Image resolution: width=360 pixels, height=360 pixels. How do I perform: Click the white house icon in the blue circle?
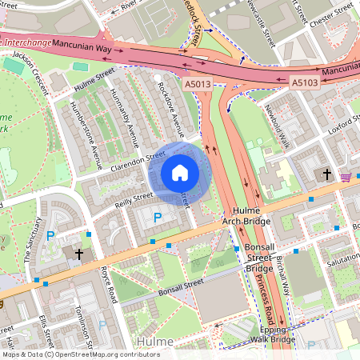click(180, 172)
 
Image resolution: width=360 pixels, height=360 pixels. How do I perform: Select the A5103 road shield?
click(304, 82)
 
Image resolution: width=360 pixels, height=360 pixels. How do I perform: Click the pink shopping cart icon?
click(346, 177)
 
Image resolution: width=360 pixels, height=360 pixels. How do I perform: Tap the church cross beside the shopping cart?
click(326, 173)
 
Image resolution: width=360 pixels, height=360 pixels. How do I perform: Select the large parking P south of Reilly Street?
click(157, 217)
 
